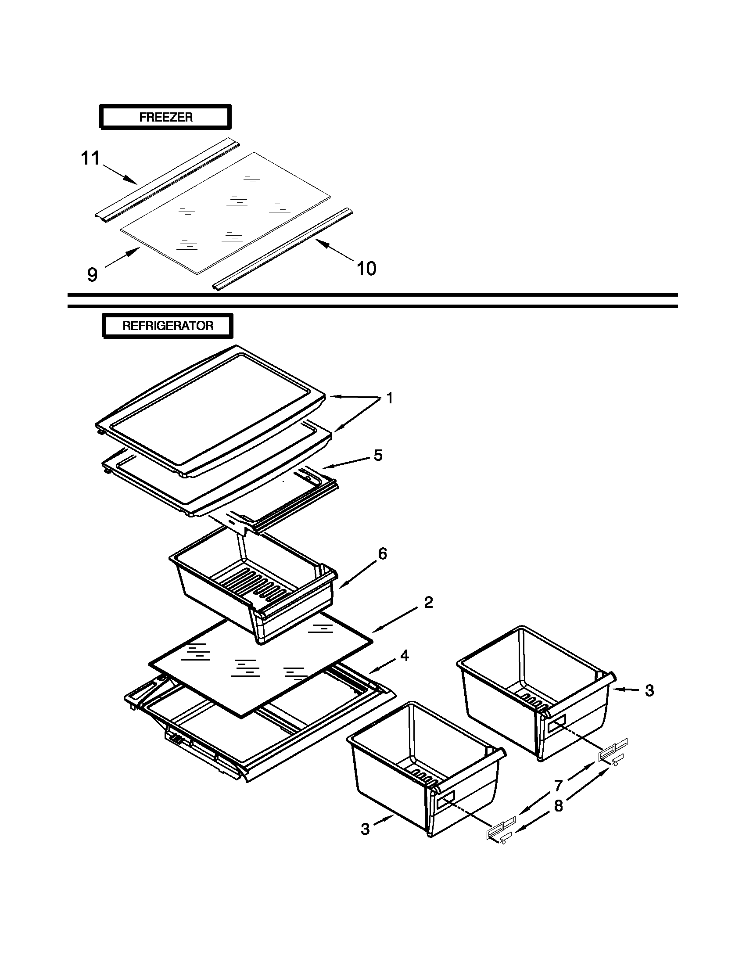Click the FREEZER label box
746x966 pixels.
[x=165, y=117]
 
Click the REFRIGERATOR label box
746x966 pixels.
[x=168, y=326]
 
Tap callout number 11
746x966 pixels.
[x=91, y=158]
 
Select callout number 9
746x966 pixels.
[x=92, y=275]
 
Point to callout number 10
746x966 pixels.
[x=366, y=269]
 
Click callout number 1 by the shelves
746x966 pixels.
[x=389, y=398]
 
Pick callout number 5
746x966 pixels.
[x=378, y=455]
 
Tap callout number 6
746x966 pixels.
[x=382, y=553]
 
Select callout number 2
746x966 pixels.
[x=428, y=602]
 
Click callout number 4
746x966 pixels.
[x=404, y=656]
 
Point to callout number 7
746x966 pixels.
[x=558, y=786]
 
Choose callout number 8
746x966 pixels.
[x=559, y=806]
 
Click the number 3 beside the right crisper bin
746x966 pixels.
[x=649, y=690]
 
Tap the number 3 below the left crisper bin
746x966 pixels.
[x=365, y=829]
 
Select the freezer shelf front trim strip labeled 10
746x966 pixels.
[x=283, y=250]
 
